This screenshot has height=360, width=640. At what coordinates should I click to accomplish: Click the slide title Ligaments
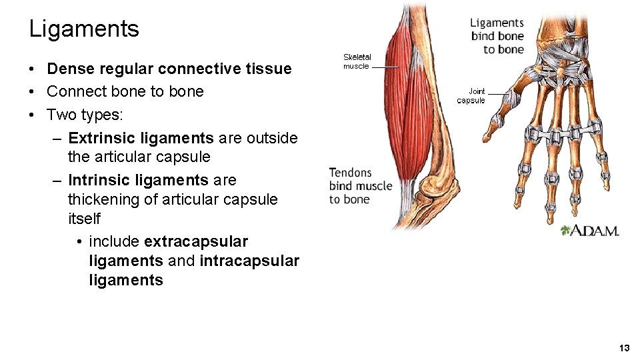pos(84,29)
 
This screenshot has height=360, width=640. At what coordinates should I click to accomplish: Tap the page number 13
pos(624,348)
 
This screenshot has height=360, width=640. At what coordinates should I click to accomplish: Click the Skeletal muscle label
pos(357,61)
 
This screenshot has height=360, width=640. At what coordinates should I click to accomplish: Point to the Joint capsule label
pos(471,96)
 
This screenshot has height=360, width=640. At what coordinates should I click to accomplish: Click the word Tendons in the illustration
pos(350,173)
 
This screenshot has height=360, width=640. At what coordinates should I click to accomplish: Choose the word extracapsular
pos(196,241)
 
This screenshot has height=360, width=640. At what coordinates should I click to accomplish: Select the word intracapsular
pos(249,261)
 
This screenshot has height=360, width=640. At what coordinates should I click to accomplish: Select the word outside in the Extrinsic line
pos(272,138)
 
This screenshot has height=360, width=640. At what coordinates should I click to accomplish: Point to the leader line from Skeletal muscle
pos(385,67)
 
